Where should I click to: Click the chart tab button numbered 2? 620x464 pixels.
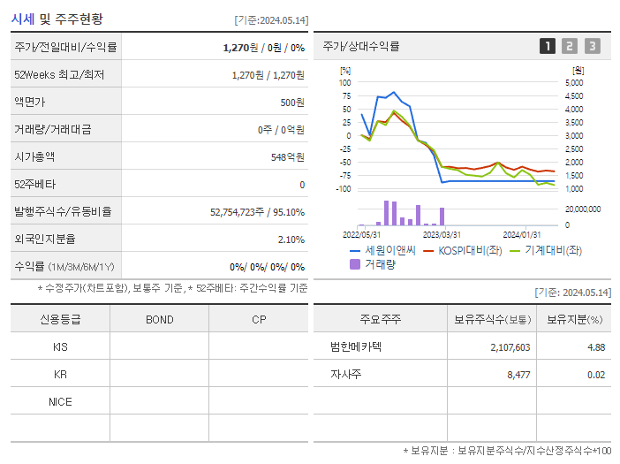pos(570,46)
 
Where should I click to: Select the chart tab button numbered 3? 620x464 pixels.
pos(592,46)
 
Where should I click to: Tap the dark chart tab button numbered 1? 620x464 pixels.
pos(548,46)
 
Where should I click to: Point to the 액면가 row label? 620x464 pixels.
pos(29,102)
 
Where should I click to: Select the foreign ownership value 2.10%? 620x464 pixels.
pos(291,239)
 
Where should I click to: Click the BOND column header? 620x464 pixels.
pos(159,319)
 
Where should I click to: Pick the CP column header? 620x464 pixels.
pos(258,319)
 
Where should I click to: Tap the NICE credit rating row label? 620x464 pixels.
pos(60,401)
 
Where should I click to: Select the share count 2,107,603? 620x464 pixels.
pos(510,347)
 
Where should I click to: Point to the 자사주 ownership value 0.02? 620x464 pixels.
pos(596,374)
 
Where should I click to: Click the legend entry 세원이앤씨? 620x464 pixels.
pos(383,250)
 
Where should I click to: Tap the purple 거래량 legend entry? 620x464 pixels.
pos(374,263)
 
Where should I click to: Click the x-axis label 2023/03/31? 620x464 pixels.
pos(442,234)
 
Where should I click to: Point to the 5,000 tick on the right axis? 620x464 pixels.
pos(573,82)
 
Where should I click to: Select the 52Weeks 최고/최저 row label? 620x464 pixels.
pos(59,74)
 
